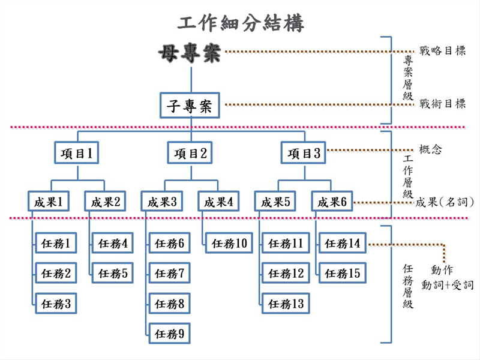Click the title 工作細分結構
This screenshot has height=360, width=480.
click(241, 23)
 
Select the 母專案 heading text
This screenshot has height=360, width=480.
click(190, 54)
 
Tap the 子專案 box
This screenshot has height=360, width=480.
click(190, 105)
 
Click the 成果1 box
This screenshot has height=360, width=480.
click(49, 202)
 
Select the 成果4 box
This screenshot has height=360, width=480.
click(219, 202)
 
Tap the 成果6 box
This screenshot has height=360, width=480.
click(332, 202)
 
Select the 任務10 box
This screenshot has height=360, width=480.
click(229, 244)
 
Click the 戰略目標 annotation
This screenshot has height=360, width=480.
click(443, 51)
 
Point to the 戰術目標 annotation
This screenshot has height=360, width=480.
click(443, 103)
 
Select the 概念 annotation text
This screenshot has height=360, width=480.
click(431, 149)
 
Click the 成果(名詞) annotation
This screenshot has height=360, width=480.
click(445, 202)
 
